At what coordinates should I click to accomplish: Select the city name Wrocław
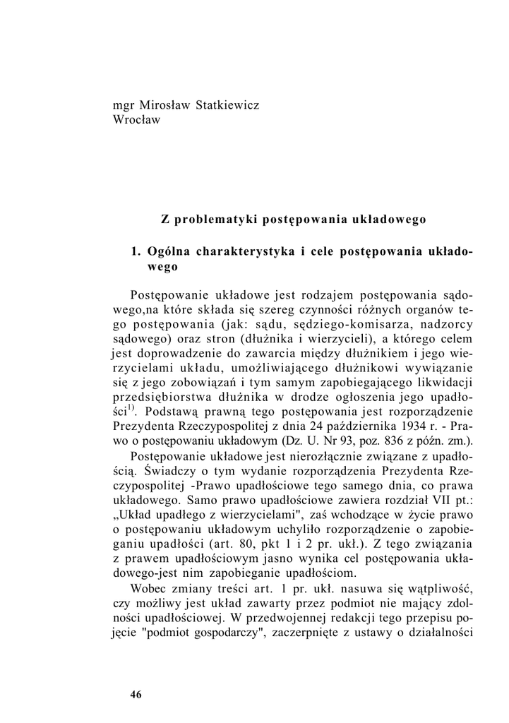[137, 119]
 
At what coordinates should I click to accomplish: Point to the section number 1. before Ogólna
[137, 251]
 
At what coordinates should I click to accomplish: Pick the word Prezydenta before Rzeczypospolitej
[145, 426]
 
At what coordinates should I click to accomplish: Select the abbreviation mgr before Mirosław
[124, 105]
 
